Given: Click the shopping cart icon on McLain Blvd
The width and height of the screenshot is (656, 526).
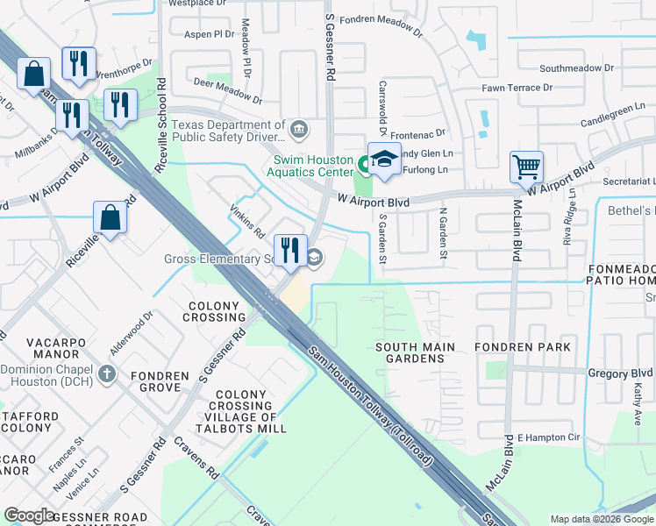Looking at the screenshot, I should pyautogui.click(x=526, y=166).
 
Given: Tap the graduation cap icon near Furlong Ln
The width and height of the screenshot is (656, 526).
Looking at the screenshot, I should pyautogui.click(x=384, y=159).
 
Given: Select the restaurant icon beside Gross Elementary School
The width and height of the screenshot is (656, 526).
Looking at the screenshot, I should pyautogui.click(x=289, y=250).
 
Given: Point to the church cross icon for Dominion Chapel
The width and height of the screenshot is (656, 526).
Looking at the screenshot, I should pyautogui.click(x=107, y=374).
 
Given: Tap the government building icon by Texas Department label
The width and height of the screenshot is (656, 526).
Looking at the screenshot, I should pyautogui.click(x=299, y=131).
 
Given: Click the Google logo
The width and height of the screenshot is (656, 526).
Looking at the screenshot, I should pyautogui.click(x=30, y=515).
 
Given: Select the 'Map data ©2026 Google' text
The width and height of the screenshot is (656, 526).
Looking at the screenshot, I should pyautogui.click(x=601, y=519).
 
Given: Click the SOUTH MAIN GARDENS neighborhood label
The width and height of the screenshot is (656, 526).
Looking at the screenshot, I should pyautogui.click(x=415, y=353).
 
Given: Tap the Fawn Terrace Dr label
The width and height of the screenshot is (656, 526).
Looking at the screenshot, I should pyautogui.click(x=517, y=88).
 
